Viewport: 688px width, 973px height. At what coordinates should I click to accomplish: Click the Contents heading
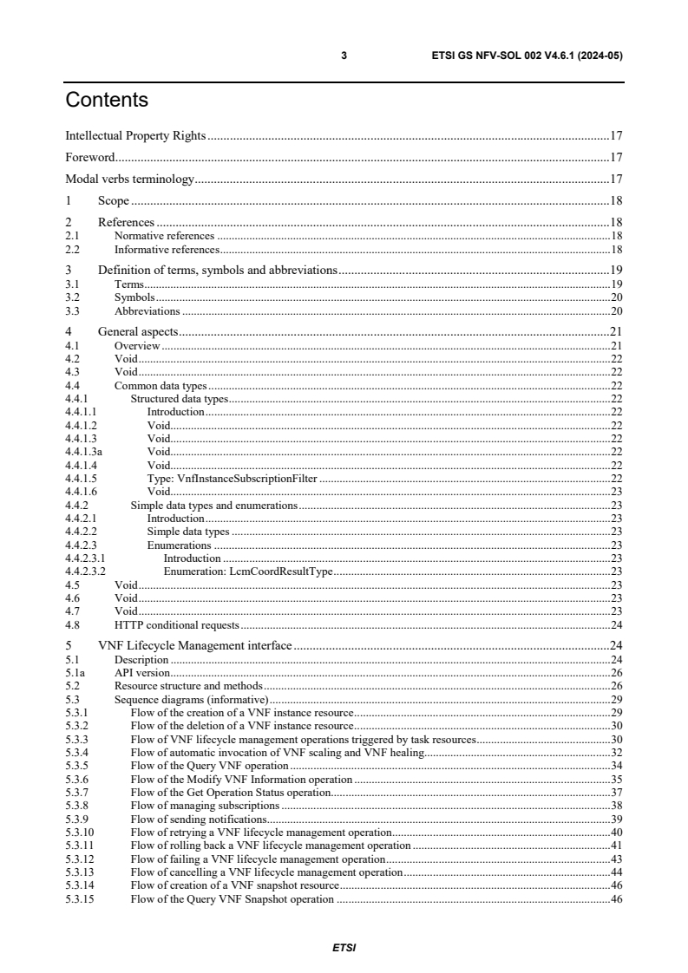(107, 100)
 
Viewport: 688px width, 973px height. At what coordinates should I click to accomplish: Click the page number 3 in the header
(344, 56)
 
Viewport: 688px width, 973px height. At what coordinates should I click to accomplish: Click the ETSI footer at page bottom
(344, 948)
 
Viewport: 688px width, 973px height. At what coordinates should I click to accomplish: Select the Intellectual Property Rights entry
(135, 136)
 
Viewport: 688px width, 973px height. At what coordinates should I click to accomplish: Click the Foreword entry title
(90, 158)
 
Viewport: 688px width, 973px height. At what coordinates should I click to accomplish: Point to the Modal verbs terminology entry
(129, 180)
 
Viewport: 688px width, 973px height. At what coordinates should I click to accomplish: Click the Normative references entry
(164, 235)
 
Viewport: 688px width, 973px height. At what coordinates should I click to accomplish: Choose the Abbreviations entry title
(147, 310)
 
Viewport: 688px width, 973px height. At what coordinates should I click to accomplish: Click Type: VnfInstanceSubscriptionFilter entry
(233, 478)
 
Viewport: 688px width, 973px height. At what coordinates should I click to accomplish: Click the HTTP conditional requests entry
(176, 624)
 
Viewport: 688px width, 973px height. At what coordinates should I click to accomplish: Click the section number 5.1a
(73, 672)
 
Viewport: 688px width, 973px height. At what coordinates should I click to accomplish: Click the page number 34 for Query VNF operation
(617, 766)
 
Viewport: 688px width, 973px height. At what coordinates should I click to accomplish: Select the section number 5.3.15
(79, 899)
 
